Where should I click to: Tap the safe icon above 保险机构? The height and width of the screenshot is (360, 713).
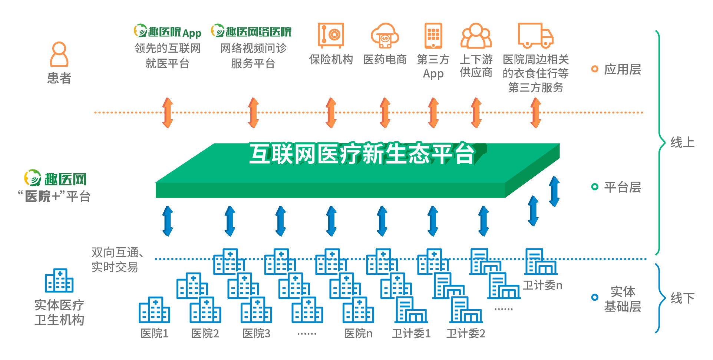tap(331, 36)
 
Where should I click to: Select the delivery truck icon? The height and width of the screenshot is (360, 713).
tap(535, 36)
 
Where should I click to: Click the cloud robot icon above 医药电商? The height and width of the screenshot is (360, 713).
tap(385, 36)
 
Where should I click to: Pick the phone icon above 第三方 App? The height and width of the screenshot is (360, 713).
tap(433, 36)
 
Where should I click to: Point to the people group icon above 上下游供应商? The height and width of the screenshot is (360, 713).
tap(476, 36)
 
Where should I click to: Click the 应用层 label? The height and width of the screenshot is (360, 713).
tap(623, 69)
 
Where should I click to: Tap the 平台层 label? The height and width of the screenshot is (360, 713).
tap(623, 187)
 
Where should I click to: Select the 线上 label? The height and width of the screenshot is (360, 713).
tap(682, 142)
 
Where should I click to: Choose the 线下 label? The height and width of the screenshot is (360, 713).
tap(682, 298)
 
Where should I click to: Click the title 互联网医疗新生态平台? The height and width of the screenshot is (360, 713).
tap(362, 153)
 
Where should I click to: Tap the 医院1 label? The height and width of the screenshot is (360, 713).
tap(155, 334)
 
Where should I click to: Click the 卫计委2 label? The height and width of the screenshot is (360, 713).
tap(466, 334)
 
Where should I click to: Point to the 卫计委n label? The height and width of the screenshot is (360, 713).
tap(542, 285)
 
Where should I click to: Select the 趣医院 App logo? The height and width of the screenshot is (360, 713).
tap(168, 32)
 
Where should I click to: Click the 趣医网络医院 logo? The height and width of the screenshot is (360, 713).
tap(251, 32)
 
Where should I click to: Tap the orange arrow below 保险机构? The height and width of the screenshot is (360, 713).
tap(331, 113)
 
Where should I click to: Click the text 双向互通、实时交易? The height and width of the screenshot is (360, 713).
tap(116, 260)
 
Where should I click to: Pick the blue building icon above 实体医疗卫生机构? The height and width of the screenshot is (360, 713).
tap(59, 281)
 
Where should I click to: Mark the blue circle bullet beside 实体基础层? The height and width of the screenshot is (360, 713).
tap(595, 297)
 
